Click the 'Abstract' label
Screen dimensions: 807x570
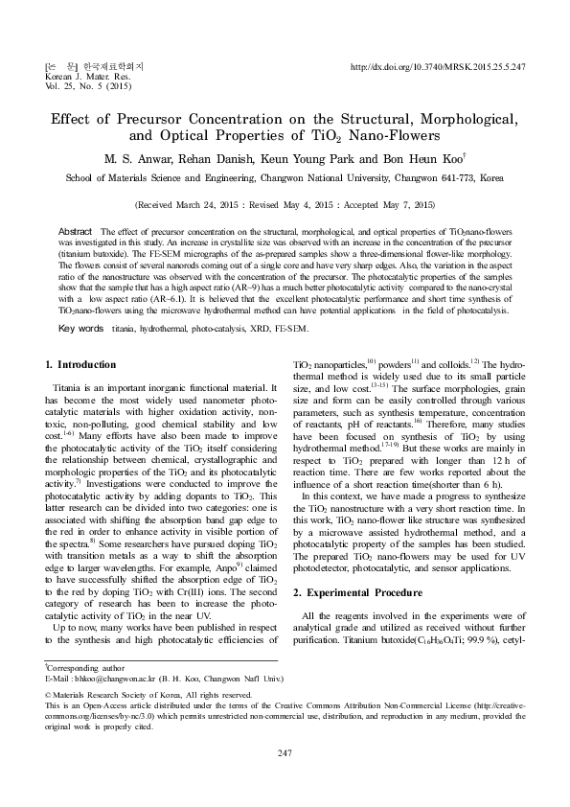76,233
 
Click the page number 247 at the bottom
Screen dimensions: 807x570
285,754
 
